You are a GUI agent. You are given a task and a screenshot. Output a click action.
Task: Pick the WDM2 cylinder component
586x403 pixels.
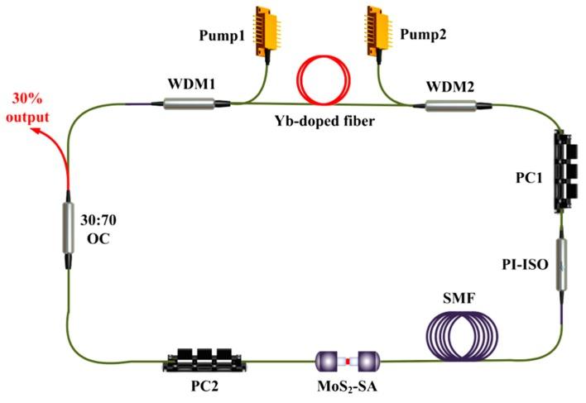[x=450, y=105]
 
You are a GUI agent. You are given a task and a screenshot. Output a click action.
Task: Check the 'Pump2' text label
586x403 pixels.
[x=423, y=36]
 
